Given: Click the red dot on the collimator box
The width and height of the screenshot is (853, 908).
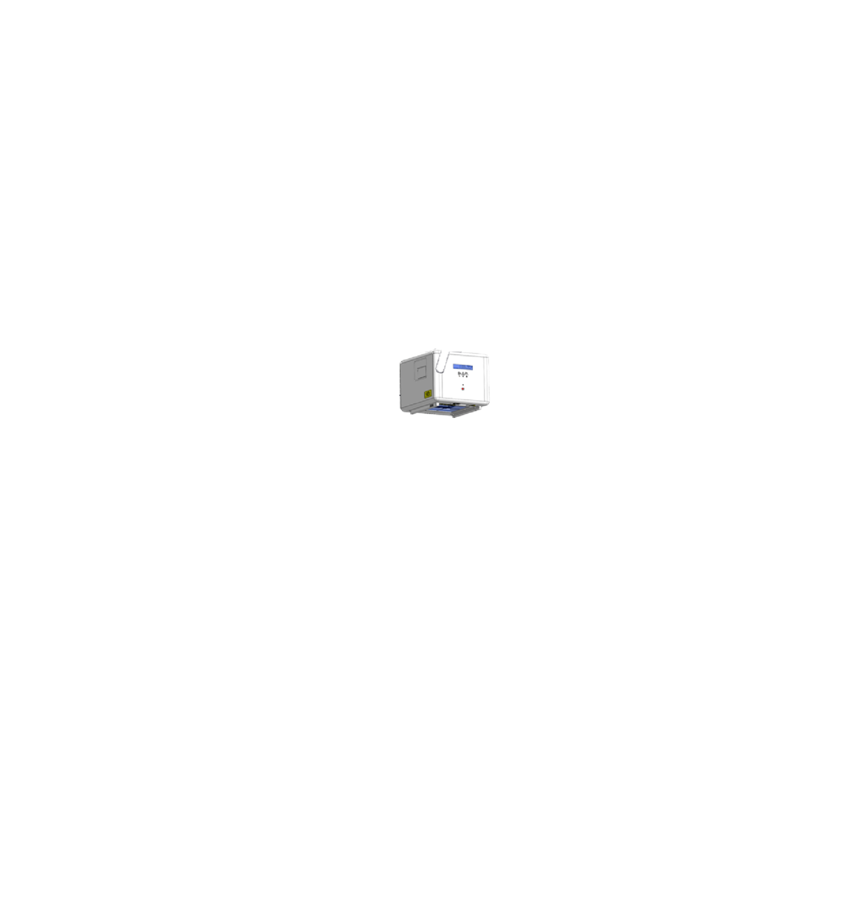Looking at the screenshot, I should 462,388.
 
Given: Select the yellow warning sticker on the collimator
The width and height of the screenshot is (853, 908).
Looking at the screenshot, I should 426,394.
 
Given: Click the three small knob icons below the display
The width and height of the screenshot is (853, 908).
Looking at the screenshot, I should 462,376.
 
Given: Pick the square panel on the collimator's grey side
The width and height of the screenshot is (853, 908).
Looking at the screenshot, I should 420,372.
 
